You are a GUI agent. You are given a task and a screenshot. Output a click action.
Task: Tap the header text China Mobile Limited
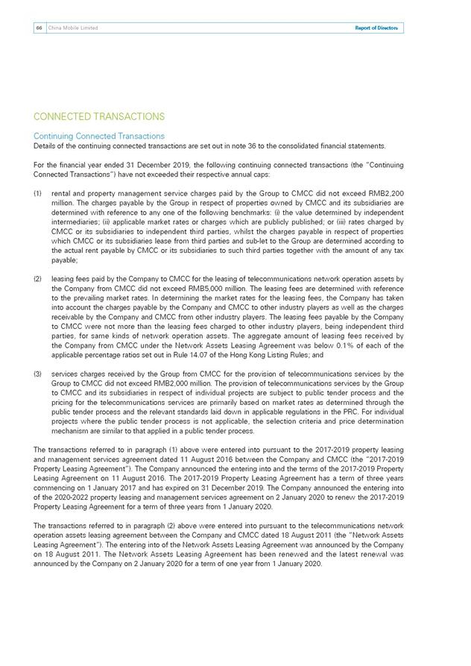click(73, 28)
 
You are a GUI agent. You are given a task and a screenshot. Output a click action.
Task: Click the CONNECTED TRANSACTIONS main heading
click(99, 117)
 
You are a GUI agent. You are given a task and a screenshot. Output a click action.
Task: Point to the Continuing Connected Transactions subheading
click(99, 136)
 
